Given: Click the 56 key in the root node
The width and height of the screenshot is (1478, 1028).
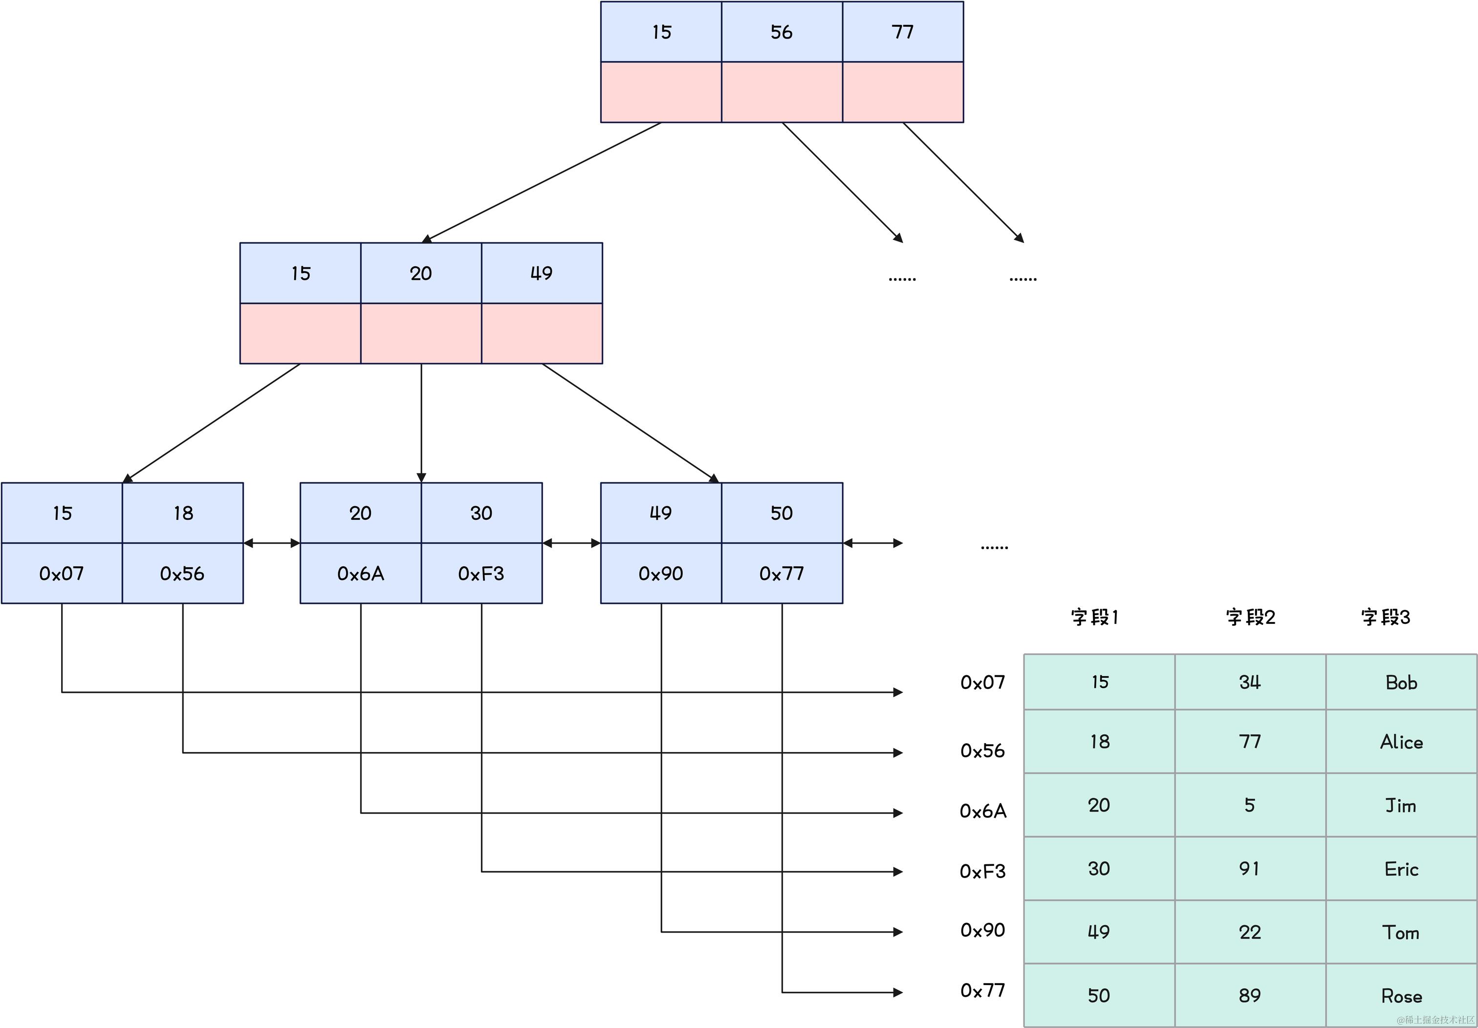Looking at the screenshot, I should [x=782, y=32].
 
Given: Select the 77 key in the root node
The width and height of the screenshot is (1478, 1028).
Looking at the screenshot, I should [x=903, y=32].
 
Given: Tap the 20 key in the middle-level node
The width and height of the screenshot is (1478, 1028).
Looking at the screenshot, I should [x=421, y=273].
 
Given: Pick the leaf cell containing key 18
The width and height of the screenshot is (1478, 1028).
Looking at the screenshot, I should [x=183, y=513].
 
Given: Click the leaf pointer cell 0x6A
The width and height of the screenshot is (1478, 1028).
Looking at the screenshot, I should [x=361, y=573].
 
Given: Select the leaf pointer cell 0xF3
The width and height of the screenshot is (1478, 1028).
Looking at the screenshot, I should [x=481, y=573].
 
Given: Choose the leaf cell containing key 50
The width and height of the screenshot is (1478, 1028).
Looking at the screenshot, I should [x=782, y=513].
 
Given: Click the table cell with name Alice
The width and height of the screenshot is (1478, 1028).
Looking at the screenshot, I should [x=1401, y=742].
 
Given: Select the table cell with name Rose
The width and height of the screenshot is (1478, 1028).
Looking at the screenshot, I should [x=1401, y=996].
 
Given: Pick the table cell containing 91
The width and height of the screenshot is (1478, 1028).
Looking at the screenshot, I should [x=1249, y=868].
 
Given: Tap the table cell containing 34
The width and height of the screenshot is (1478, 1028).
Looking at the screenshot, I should [x=1249, y=682].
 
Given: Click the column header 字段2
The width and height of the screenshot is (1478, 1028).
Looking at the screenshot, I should [x=1249, y=617].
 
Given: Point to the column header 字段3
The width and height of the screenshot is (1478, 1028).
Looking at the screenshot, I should [x=1385, y=617].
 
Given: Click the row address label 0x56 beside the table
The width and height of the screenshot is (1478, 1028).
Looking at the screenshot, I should [x=982, y=750].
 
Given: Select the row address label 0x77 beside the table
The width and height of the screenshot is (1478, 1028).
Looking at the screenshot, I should [x=982, y=990].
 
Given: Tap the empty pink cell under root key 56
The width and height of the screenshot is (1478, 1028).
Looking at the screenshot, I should [x=782, y=92].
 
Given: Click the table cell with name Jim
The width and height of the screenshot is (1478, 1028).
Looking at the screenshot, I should [x=1401, y=805].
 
